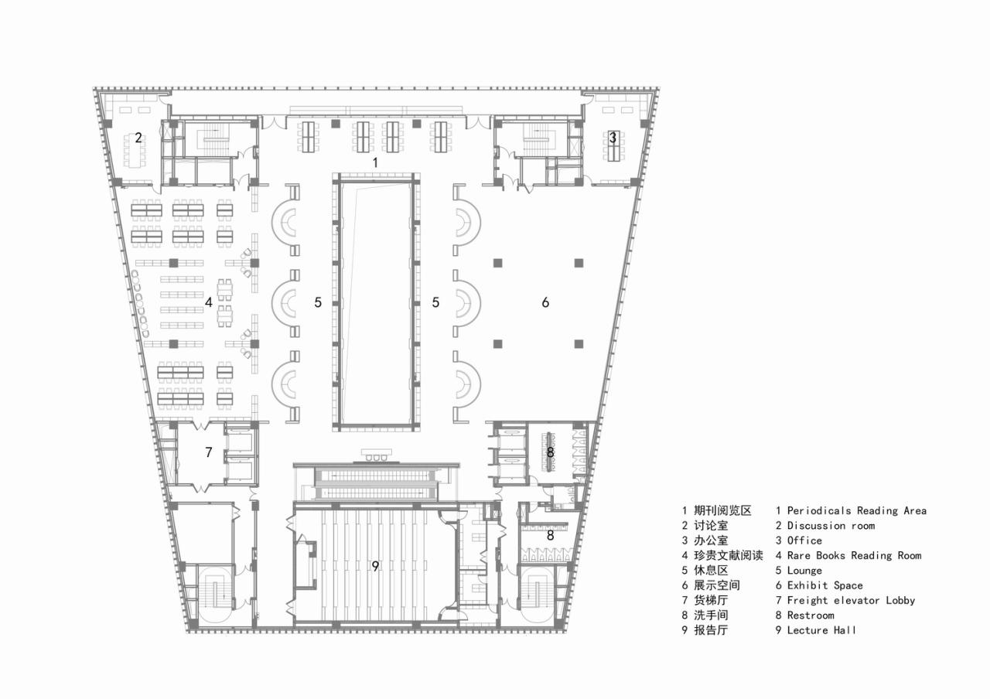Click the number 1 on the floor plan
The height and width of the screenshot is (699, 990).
click(x=375, y=162)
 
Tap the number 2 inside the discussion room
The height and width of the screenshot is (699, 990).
click(x=138, y=138)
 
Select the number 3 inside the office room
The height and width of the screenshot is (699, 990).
click(x=613, y=138)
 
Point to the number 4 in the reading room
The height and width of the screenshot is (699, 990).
click(x=209, y=302)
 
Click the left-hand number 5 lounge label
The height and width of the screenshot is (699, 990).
click(x=318, y=302)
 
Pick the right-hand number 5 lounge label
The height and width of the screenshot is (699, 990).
click(x=435, y=302)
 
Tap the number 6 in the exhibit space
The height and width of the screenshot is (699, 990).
click(x=545, y=302)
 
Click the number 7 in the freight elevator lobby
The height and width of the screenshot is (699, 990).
click(x=208, y=452)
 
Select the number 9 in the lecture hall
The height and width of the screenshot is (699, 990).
click(x=375, y=566)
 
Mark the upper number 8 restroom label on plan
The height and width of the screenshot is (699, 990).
click(x=551, y=452)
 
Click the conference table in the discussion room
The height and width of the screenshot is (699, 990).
click(x=138, y=155)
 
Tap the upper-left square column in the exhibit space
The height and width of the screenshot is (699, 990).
click(x=497, y=262)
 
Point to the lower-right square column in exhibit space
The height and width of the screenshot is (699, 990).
click(x=578, y=343)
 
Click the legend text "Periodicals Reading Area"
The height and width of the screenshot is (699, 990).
click(x=856, y=510)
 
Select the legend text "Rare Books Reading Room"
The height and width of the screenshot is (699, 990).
click(x=854, y=555)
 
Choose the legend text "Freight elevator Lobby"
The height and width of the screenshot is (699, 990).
click(x=851, y=600)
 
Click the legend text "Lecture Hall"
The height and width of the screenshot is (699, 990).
click(x=821, y=630)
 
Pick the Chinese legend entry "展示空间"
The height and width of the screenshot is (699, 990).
click(x=716, y=585)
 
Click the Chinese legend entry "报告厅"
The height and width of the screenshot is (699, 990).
click(x=711, y=630)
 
